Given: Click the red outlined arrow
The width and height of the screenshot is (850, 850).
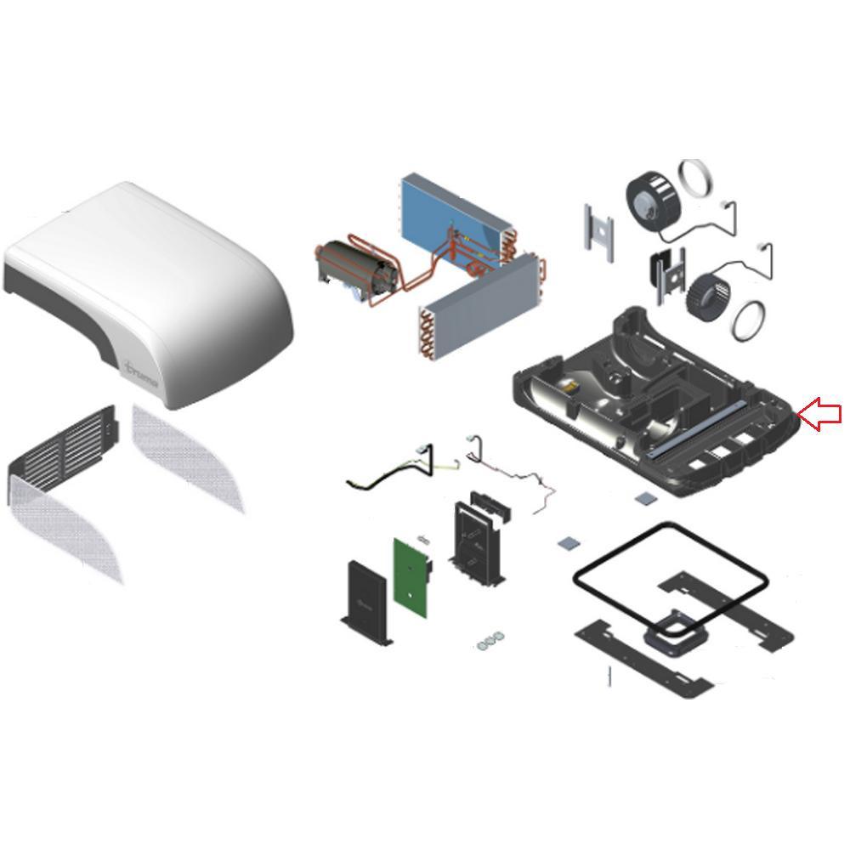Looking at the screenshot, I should point(821,415).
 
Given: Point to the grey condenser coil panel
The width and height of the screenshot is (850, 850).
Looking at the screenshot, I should point(480,310).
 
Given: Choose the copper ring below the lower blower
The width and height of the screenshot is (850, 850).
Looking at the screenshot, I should point(751,321).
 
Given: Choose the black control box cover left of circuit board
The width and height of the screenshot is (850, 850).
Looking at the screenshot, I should point(365,602).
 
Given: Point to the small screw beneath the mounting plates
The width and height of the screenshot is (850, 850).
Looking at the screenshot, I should point(609,677).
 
